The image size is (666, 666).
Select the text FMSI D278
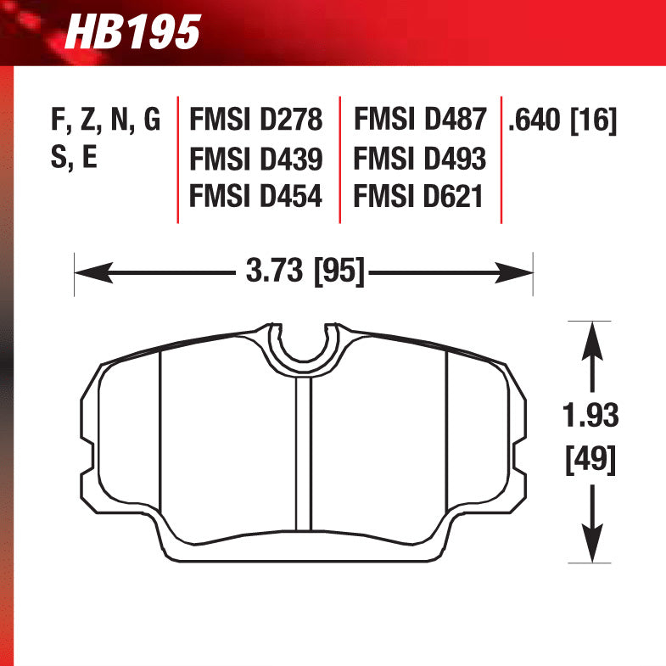(255, 120)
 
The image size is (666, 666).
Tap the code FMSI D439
(255, 159)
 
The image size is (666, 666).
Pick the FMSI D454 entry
(255, 197)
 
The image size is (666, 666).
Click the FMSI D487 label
(419, 120)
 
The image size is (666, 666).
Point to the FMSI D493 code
(419, 159)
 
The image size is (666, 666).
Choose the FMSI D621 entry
(419, 197)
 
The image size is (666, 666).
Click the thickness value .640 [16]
(562, 120)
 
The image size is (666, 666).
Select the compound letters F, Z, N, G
(105, 120)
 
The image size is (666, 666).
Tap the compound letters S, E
(75, 159)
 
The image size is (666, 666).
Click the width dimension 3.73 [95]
(305, 272)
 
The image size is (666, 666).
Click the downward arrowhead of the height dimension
(591, 548)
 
